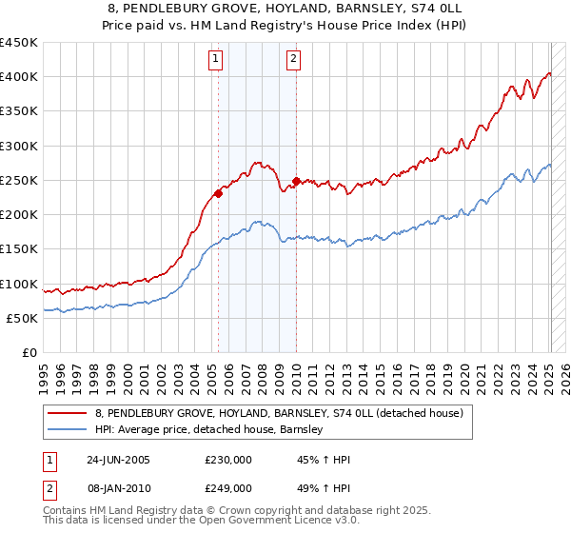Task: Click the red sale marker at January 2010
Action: click(x=296, y=181)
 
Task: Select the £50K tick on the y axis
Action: click(x=22, y=318)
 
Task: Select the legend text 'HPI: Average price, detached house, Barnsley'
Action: click(x=209, y=429)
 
